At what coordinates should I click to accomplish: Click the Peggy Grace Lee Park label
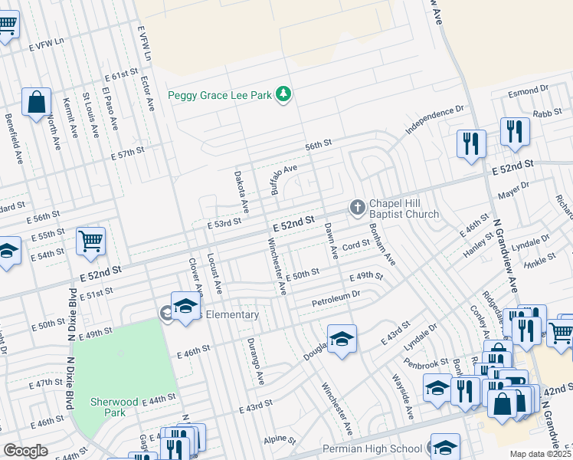click(x=220, y=96)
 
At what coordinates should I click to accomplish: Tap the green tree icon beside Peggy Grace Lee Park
click(x=284, y=94)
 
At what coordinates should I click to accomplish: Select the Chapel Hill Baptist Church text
click(x=404, y=209)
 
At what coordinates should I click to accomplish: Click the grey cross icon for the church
click(x=356, y=206)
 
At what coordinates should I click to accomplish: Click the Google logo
click(x=25, y=451)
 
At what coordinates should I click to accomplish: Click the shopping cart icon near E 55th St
click(x=90, y=242)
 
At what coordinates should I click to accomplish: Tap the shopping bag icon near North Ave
click(x=36, y=102)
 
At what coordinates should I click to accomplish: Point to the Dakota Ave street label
click(x=241, y=192)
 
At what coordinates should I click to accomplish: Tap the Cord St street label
click(x=356, y=246)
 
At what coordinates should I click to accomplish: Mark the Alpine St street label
click(x=280, y=441)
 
